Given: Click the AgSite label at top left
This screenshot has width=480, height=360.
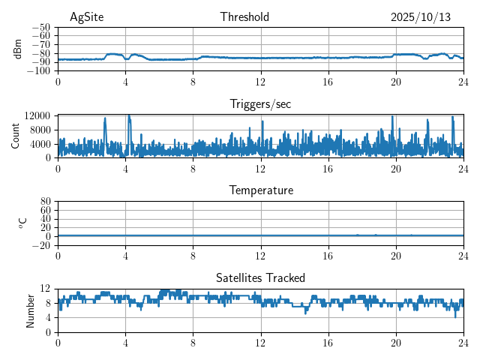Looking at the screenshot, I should (86, 17).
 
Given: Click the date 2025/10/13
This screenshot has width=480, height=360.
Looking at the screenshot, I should (421, 17).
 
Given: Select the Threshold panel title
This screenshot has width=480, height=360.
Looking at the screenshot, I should (244, 17).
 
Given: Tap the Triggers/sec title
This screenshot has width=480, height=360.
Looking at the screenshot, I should (260, 104).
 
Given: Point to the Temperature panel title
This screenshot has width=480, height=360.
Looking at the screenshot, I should (260, 190).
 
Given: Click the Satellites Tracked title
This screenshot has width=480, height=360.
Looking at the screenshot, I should (260, 277).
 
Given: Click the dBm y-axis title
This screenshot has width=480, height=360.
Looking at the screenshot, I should (18, 49).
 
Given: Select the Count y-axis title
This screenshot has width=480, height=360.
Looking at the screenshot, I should (16, 136).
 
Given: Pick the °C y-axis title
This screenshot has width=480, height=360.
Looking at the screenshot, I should (22, 223).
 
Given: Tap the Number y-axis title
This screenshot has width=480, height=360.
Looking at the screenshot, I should (30, 310).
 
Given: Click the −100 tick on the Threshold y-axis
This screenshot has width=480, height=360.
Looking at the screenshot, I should (40, 71).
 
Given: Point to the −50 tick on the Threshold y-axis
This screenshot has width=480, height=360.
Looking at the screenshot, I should (42, 27).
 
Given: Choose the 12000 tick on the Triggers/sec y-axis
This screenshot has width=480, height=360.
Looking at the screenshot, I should (37, 115).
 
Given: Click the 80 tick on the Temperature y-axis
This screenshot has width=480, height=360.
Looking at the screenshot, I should (46, 202).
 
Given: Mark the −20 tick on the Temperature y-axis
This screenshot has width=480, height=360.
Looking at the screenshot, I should (42, 245).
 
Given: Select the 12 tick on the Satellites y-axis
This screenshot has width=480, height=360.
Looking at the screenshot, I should (46, 289).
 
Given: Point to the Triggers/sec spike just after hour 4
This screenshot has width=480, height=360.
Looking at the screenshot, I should (129, 118).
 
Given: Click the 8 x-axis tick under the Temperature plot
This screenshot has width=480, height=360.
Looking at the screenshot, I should (193, 254).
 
